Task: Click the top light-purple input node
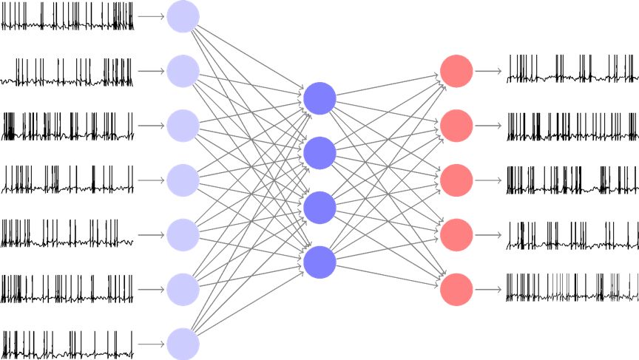[x=183, y=16]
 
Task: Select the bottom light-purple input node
[x=183, y=344]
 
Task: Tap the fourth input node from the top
[x=183, y=180]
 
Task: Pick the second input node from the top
[x=183, y=71]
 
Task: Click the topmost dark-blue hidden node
[x=319, y=98]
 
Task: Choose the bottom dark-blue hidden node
[x=319, y=262]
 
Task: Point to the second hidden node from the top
[x=319, y=153]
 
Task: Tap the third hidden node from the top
[x=319, y=208]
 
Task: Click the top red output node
[x=456, y=71]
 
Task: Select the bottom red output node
[x=456, y=289]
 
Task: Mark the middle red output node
[x=456, y=180]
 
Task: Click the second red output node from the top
[x=456, y=126]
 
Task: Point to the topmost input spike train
[x=67, y=16]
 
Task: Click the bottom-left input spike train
[x=67, y=344]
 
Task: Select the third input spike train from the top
[x=67, y=126]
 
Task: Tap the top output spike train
[x=572, y=71]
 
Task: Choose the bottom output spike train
[x=572, y=289]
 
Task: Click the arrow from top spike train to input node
[x=152, y=16]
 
